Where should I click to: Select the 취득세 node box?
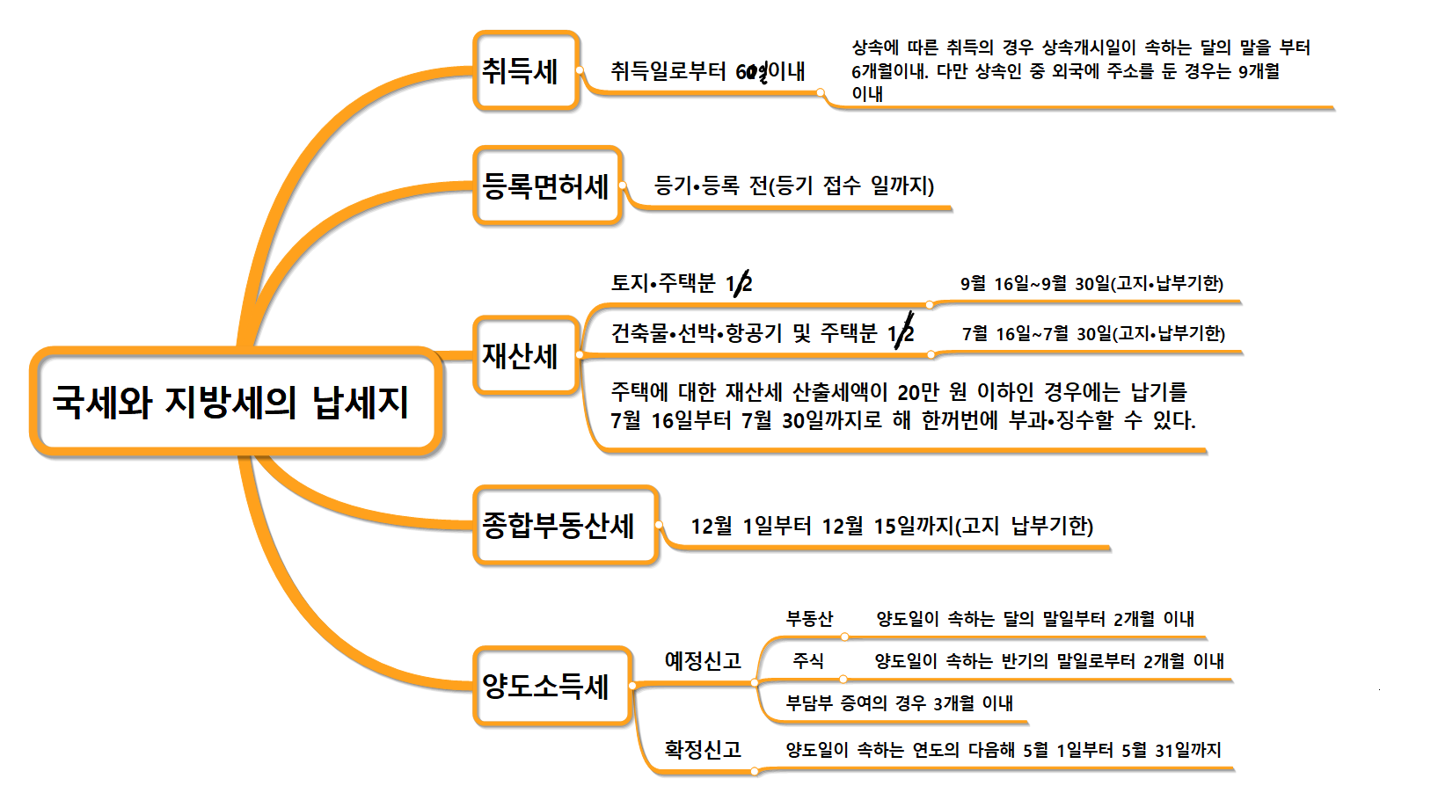(525, 71)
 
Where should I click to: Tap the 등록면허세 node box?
(547, 186)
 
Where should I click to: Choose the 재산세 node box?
(525, 355)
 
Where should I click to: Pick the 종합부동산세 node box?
(565, 525)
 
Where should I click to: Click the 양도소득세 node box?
(551, 686)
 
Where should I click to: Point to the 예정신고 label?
(702, 660)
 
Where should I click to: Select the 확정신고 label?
(702, 749)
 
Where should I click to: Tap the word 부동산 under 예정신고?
(809, 619)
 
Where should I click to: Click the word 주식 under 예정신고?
(807, 661)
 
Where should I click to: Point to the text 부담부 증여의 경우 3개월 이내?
(899, 703)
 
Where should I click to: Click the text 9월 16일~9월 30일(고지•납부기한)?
(1091, 283)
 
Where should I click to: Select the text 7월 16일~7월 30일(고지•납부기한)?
(1093, 333)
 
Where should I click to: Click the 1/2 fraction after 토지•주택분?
(740, 283)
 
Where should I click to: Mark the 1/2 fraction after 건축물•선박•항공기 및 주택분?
(901, 332)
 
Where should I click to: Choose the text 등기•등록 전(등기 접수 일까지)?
(793, 186)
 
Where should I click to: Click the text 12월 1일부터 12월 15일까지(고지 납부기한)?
(891, 526)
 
